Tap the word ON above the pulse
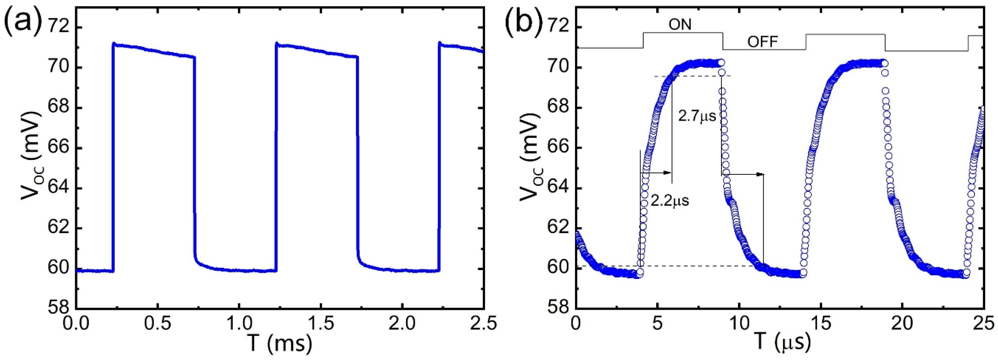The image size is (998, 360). pos(680,25)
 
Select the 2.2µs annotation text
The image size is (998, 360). pos(670,201)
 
